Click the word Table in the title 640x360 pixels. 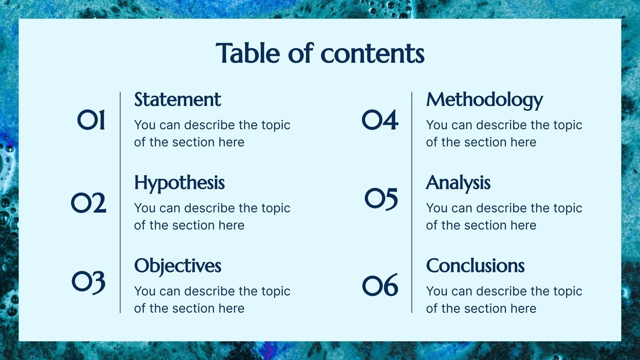pos(248,53)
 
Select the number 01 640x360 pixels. pos(91,120)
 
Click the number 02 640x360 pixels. pos(88,203)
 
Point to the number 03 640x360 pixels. pos(88,282)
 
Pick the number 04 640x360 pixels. pos(380,120)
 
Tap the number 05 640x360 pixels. pos(381,199)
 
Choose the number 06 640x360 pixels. pos(380,286)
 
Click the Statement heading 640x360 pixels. pos(178,100)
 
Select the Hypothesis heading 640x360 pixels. pos(180,183)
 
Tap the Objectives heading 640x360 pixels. pos(178,266)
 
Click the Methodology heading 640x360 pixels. pos(484,100)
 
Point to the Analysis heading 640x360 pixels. pos(458,183)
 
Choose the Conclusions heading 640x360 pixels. pos(475,266)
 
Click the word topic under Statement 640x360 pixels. pos(276,125)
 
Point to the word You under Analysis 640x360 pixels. pos(436,208)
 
